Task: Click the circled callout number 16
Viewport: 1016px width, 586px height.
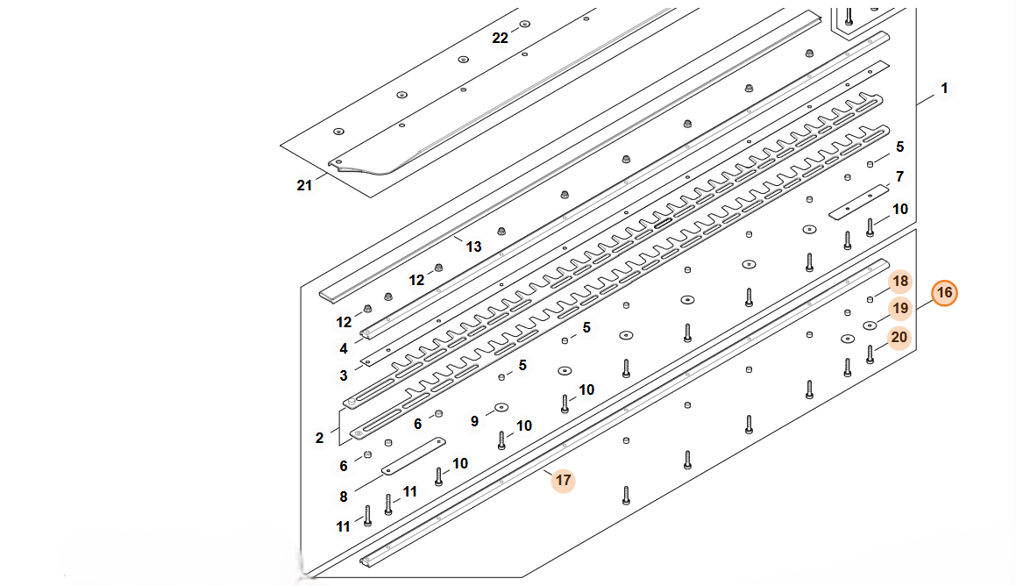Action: coord(944,293)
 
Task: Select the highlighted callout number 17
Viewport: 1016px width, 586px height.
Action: coord(563,481)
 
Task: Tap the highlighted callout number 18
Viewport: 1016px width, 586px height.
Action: coord(900,282)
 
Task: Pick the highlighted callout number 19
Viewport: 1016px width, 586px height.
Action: coord(900,309)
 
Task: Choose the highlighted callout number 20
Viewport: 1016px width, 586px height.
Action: coord(899,337)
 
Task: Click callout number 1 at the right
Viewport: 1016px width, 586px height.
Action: coord(944,88)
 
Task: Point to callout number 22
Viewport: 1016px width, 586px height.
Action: coord(500,39)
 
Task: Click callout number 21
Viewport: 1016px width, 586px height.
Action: coord(304,185)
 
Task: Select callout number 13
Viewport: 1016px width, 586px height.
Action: coord(473,247)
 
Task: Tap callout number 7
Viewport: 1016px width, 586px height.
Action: coord(899,176)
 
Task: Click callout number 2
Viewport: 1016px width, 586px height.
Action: coord(319,439)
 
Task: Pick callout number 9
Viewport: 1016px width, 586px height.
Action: coord(474,421)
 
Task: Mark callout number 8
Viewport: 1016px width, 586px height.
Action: coord(344,497)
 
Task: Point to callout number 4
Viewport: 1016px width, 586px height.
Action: coord(344,349)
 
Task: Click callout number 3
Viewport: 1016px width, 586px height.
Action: coord(344,376)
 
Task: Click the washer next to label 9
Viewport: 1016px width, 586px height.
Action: coord(501,408)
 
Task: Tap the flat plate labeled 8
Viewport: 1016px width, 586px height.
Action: coord(414,456)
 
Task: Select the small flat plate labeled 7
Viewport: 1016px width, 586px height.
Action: coord(859,202)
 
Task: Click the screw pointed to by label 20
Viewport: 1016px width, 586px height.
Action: coord(870,354)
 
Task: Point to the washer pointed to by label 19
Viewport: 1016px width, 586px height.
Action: coord(870,325)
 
